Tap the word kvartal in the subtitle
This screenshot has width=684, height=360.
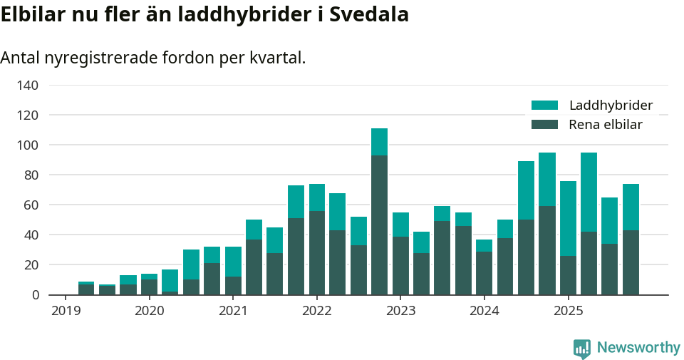pos(276,58)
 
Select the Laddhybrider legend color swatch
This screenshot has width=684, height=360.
pos(545,106)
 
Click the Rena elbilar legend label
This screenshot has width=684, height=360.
pos(606,125)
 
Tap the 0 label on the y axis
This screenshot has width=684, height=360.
pos(34,295)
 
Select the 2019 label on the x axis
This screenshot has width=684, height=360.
pos(66,311)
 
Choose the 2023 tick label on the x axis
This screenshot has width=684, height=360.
pos(400,311)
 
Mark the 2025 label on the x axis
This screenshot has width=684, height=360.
pos(568,311)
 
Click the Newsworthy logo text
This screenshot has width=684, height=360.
pos(638,348)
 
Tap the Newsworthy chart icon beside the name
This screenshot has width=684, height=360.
pos(582,348)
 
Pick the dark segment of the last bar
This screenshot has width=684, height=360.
pos(631,262)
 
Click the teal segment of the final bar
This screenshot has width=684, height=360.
pos(631,207)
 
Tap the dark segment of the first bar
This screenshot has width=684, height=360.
pos(86,289)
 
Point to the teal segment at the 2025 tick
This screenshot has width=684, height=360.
pos(568,218)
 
